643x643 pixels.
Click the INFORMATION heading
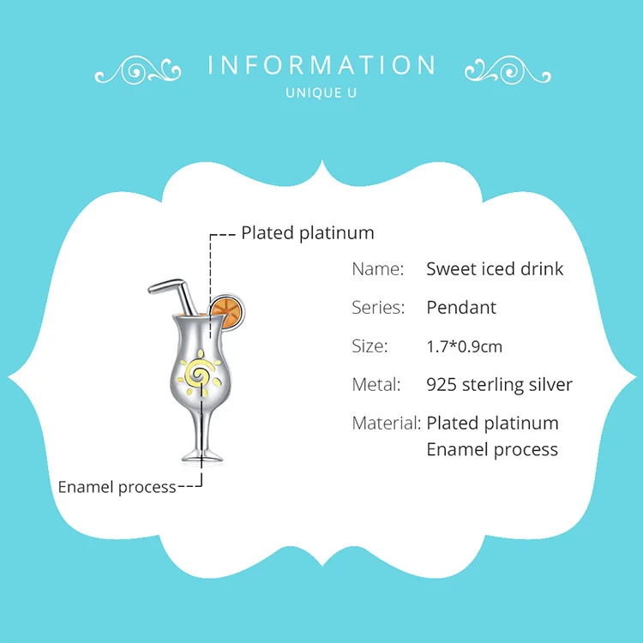pyautogui.click(x=321, y=66)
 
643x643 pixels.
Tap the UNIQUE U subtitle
pyautogui.click(x=321, y=93)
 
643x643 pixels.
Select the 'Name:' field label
pyautogui.click(x=377, y=269)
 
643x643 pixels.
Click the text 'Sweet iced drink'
pyautogui.click(x=495, y=269)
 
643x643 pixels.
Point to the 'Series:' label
pyautogui.click(x=376, y=308)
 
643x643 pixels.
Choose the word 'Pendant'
pyautogui.click(x=461, y=308)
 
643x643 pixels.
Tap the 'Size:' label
pyautogui.click(x=370, y=346)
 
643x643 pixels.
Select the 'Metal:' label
pyautogui.click(x=376, y=385)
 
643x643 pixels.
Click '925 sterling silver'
pyautogui.click(x=499, y=385)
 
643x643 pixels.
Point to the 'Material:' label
pyautogui.click(x=386, y=424)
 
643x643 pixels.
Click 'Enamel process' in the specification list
pyautogui.click(x=492, y=449)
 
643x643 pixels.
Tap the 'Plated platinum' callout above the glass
pyautogui.click(x=307, y=233)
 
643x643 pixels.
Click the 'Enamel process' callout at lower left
pyautogui.click(x=117, y=487)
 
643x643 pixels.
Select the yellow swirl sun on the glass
pyautogui.click(x=203, y=374)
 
